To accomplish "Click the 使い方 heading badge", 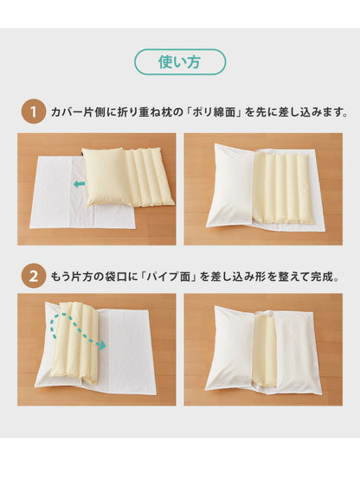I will [x=179, y=61].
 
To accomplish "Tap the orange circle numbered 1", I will [x=32, y=112].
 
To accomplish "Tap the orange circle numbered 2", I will [x=32, y=278].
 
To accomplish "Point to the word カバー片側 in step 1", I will [x=74, y=112].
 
